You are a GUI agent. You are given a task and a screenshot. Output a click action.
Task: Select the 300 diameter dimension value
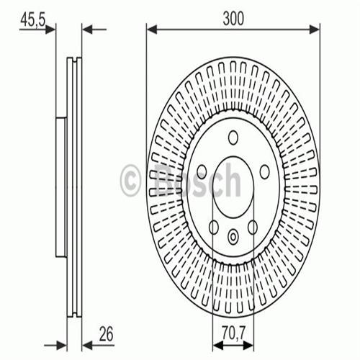pos(233,20)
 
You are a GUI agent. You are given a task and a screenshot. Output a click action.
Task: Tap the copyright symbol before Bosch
pos(131,180)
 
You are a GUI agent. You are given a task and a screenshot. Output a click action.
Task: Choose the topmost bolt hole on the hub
pos(233,138)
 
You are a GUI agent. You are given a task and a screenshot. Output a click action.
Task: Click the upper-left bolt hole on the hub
pos(202,171)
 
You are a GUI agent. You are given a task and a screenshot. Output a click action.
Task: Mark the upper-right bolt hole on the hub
pos(264,171)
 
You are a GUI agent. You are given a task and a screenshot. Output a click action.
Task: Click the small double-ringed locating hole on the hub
pos(233,234)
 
